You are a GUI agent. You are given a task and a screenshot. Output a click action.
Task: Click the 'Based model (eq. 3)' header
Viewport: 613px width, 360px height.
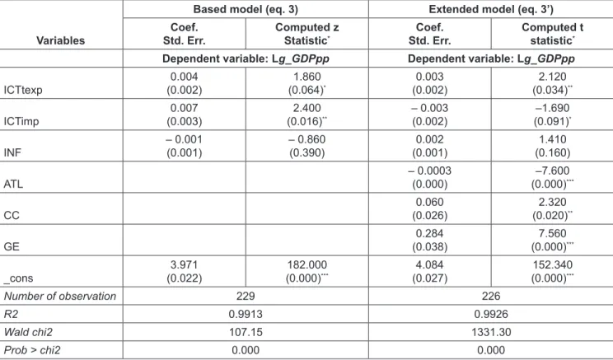(246, 9)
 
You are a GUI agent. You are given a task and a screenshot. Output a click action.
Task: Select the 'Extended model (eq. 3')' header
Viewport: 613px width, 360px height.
(490, 9)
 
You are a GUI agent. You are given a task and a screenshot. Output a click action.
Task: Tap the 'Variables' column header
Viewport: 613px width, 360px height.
(61, 40)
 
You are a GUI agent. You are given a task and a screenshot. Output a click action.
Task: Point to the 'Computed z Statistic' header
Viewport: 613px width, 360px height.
(306, 34)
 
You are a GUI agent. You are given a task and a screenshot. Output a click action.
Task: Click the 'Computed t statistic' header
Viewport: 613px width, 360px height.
(552, 34)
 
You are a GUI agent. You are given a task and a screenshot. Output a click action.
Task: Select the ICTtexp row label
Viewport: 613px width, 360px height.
(23, 90)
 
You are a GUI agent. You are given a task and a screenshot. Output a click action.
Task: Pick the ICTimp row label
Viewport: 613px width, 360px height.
(21, 121)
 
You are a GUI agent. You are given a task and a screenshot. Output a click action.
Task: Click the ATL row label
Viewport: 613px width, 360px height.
(13, 184)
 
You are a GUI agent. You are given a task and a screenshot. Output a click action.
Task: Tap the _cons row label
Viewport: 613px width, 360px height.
(18, 278)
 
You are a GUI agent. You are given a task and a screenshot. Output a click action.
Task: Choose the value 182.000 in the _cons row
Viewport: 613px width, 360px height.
(306, 264)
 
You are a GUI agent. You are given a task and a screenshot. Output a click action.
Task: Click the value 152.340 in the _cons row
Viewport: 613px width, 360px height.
(552, 264)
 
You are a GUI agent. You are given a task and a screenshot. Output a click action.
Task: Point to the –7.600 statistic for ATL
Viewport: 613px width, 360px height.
(552, 171)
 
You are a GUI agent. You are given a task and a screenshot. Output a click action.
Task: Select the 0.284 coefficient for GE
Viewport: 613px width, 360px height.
(429, 233)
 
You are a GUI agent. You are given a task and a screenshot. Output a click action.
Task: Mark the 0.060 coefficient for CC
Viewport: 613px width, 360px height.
(429, 202)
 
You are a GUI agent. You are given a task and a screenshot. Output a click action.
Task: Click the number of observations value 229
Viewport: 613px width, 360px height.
(246, 296)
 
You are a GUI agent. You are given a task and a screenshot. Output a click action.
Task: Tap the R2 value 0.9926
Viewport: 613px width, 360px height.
(491, 314)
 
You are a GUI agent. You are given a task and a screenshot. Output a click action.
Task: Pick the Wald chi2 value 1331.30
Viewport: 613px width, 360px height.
(491, 332)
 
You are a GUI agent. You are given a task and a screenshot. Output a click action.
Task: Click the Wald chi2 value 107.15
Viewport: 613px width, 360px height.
(246, 332)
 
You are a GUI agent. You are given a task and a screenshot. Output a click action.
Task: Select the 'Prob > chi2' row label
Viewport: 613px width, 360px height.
(32, 350)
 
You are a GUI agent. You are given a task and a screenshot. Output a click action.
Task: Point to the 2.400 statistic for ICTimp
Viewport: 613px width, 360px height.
(306, 108)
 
